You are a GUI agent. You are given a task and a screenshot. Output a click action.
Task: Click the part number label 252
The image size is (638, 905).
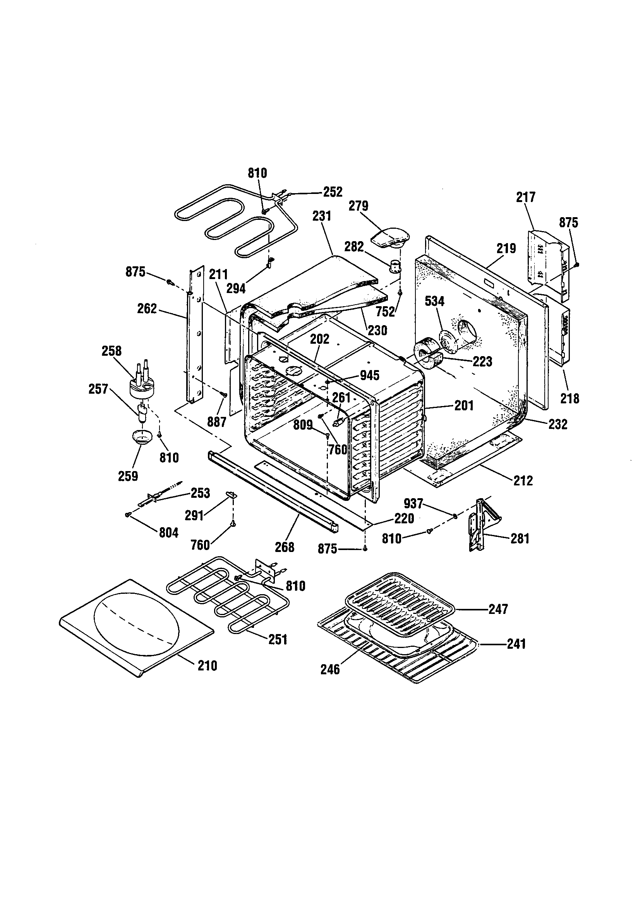(333, 192)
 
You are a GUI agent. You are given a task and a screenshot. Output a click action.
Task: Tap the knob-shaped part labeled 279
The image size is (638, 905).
(389, 238)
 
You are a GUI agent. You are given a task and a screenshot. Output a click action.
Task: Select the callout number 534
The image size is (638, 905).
(434, 302)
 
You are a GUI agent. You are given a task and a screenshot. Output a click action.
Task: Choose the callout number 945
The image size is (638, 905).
(369, 375)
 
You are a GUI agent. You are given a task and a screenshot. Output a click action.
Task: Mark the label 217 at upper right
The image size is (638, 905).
(526, 197)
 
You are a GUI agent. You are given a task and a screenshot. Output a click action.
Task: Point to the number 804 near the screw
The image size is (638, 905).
(168, 533)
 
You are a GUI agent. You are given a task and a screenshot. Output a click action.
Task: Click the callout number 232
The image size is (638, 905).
(557, 424)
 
